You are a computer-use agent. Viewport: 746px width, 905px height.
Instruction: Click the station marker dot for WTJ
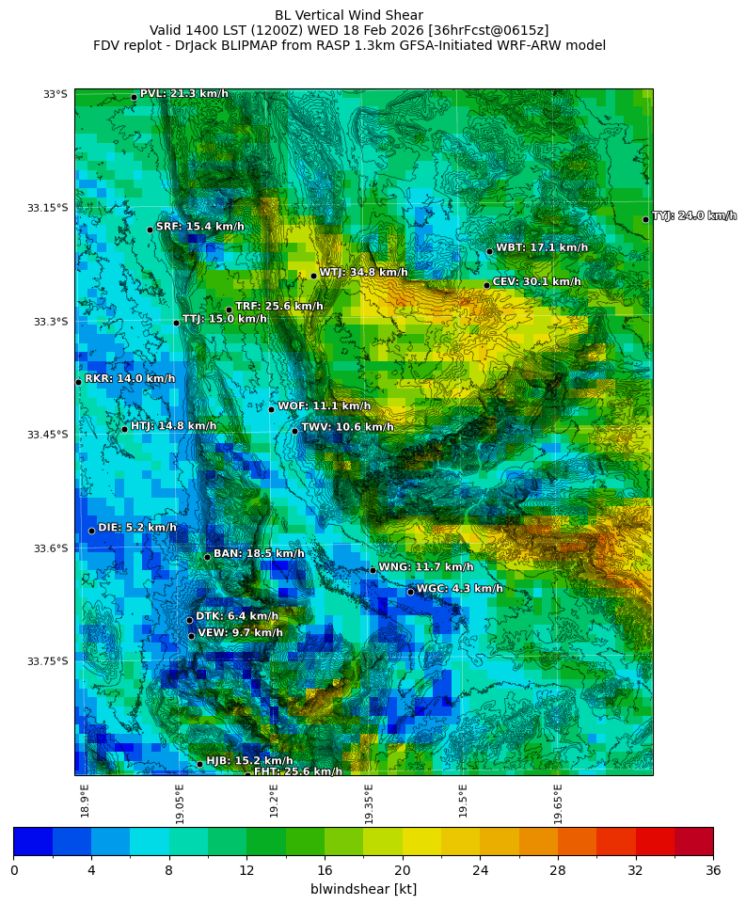coord(313,276)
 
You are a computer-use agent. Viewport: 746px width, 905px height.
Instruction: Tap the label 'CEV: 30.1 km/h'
coord(536,281)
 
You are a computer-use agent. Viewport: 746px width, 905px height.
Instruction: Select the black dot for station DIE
coord(91,531)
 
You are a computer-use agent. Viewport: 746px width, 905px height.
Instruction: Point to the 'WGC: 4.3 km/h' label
coord(459,589)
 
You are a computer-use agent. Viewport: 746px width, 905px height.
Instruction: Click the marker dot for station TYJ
coord(645,219)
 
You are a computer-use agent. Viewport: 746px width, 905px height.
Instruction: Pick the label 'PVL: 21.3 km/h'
coord(183,93)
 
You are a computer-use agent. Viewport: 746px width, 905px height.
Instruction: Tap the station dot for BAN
coord(207,557)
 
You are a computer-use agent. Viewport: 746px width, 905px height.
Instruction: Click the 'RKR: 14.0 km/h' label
coord(130,378)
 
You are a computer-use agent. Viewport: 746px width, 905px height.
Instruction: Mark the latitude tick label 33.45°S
coord(49,435)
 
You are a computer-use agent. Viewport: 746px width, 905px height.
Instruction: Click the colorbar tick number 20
coord(403,871)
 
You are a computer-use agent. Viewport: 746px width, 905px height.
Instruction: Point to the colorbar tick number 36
coord(713,871)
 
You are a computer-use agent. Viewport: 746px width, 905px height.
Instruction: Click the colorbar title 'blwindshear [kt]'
coord(363,889)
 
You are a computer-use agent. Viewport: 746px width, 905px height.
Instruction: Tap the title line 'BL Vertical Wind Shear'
coord(349,15)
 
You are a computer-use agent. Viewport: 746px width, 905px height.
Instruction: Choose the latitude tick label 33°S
coord(55,94)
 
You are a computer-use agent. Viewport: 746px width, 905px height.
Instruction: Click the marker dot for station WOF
coord(271,409)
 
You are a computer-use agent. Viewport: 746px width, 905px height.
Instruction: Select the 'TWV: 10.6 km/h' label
coord(347,427)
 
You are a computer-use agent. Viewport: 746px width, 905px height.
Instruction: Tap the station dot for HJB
coord(199,764)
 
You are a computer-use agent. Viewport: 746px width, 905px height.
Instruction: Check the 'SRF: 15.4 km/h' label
coord(199,227)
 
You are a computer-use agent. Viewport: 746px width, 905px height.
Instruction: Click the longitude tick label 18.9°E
coord(85,801)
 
